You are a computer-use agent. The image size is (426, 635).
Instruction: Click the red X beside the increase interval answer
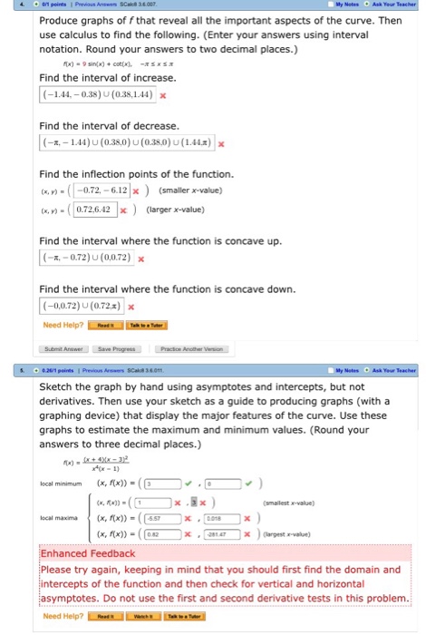click(x=162, y=95)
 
